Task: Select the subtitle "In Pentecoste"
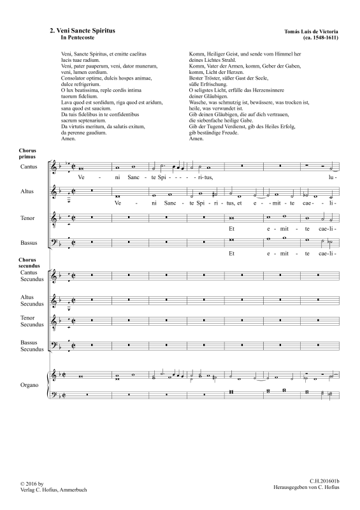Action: (x=75, y=38)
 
